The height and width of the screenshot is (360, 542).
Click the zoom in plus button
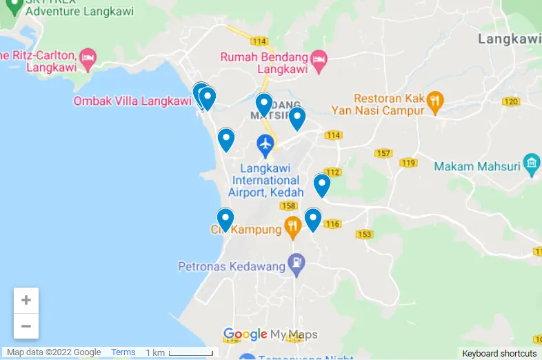click(26, 300)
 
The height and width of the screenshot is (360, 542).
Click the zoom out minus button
click(26, 326)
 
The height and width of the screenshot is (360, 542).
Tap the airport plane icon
click(265, 145)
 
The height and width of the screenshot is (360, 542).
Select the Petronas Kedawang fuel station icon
click(297, 262)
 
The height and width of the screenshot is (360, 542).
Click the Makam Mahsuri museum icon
click(531, 163)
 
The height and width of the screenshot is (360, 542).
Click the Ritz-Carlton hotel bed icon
click(88, 58)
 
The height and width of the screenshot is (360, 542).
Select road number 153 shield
click(364, 234)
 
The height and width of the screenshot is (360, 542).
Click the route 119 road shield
click(408, 163)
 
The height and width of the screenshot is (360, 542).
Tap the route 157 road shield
click(383, 152)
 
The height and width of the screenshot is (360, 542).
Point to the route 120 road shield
click(511, 102)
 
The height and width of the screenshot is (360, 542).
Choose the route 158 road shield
click(288, 206)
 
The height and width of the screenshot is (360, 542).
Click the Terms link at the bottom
click(123, 352)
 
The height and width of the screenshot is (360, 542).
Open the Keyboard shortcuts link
click(499, 353)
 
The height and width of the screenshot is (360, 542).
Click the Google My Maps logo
click(270, 335)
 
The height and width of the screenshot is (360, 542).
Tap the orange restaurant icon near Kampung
click(293, 226)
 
